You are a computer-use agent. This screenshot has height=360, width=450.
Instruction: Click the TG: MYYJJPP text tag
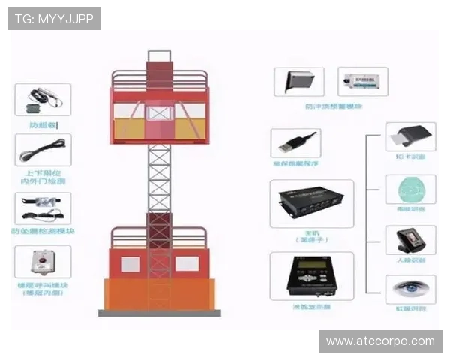54,18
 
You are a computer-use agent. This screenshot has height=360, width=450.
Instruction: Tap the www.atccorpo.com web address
381,341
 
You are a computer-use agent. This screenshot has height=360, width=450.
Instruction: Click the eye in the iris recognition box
410,287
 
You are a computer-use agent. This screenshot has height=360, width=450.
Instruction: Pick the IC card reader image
409,137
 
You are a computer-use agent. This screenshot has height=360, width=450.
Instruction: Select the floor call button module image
43,262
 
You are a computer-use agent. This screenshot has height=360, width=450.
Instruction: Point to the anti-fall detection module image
43,208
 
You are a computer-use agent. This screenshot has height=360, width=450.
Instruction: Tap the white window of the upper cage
159,113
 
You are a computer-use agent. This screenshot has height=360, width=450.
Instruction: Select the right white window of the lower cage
187,264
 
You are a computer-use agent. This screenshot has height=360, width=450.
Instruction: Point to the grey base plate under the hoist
159,312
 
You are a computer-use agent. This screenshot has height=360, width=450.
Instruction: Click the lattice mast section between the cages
159,180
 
